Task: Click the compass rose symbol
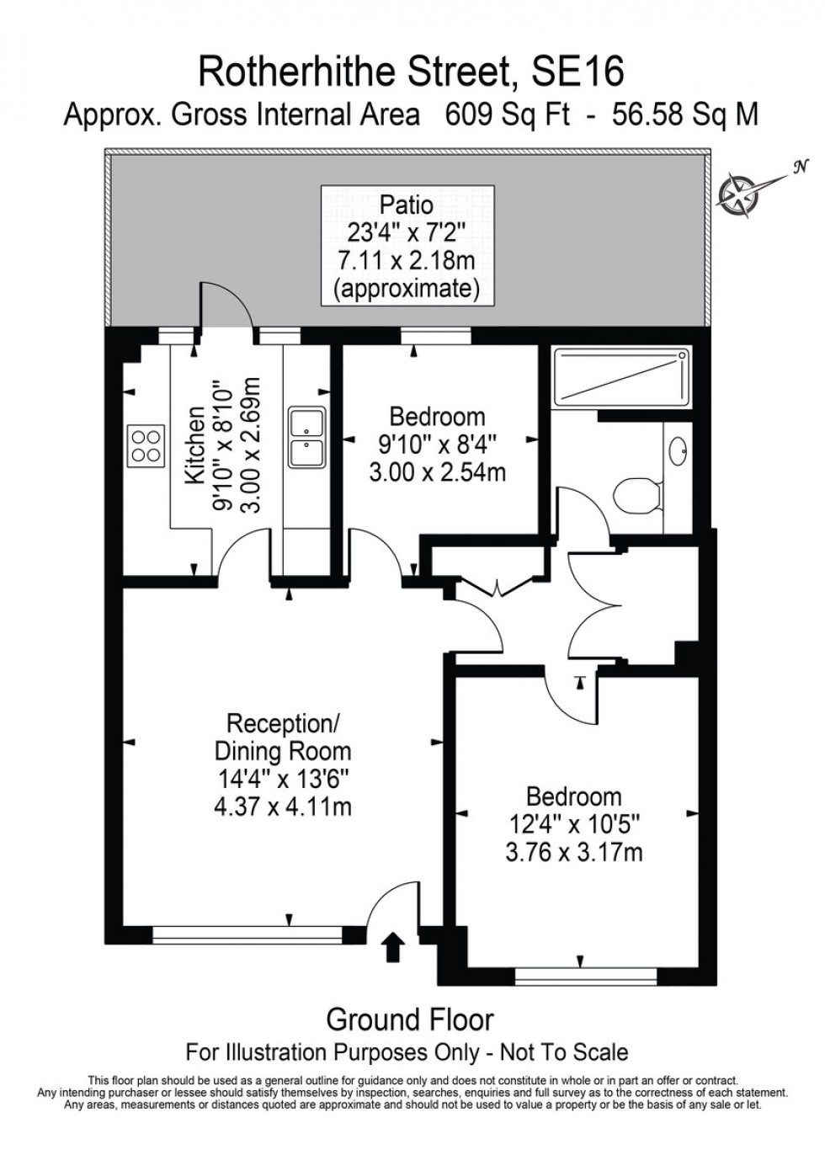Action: click(737, 190)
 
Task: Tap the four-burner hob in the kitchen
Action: click(145, 445)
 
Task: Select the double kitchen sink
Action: click(307, 437)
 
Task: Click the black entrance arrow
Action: click(392, 945)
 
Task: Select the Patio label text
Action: click(407, 204)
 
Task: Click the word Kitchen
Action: click(195, 445)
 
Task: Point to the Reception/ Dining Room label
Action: click(283, 737)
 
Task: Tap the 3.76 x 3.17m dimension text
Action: click(574, 852)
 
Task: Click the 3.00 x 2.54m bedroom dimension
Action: click(438, 471)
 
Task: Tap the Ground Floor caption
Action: click(410, 1020)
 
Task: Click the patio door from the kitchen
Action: click(225, 308)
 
